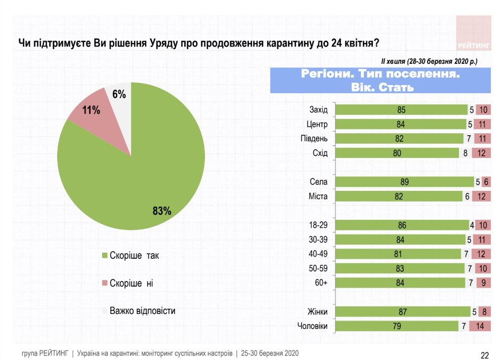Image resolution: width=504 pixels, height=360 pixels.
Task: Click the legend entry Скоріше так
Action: (x=135, y=256)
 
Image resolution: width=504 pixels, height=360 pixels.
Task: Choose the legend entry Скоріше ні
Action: (x=131, y=283)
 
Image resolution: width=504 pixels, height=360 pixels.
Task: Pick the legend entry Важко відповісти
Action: (x=143, y=310)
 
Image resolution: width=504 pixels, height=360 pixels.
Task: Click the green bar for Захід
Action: (x=401, y=110)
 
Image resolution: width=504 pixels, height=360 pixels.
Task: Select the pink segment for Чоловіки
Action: (x=480, y=327)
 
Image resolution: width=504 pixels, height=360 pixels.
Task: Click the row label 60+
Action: (x=321, y=283)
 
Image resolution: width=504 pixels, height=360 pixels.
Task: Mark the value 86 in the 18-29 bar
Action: (x=402, y=226)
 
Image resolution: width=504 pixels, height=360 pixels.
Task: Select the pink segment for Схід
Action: (x=481, y=153)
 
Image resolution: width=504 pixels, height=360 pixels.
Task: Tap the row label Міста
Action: (x=318, y=196)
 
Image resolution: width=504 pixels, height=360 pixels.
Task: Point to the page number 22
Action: (x=484, y=355)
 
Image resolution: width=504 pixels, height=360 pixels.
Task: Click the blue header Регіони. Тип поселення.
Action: (x=380, y=81)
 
